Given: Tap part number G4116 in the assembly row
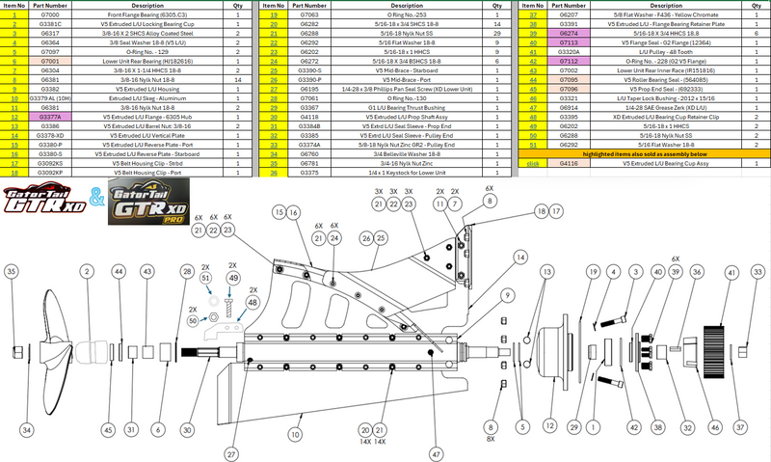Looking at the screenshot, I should [x=569, y=165].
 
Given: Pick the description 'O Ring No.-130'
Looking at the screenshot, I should [x=405, y=97].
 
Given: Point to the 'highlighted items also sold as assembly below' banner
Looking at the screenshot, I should [x=643, y=153].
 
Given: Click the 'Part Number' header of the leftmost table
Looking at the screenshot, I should [x=51, y=6].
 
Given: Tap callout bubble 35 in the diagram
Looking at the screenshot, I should [x=12, y=273].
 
